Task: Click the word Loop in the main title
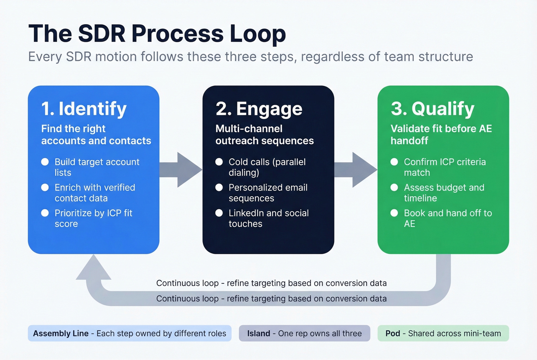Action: point(257,34)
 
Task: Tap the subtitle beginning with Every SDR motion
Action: point(250,57)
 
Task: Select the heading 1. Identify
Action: point(84,109)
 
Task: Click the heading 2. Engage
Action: point(259,109)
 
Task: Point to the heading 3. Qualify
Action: point(432,109)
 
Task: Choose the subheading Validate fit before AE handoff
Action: point(441,135)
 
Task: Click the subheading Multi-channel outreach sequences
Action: point(264,135)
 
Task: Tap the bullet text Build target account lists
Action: point(97,167)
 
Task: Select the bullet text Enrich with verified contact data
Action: point(95,193)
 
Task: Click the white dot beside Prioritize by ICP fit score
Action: point(45,213)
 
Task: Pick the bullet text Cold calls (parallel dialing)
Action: point(267,167)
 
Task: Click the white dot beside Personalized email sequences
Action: point(219,187)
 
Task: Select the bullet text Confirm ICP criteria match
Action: point(445,167)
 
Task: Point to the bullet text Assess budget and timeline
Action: point(444,193)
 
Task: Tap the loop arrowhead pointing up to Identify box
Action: point(93,269)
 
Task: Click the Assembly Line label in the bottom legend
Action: point(61,334)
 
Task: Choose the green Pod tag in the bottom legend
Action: point(443,334)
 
